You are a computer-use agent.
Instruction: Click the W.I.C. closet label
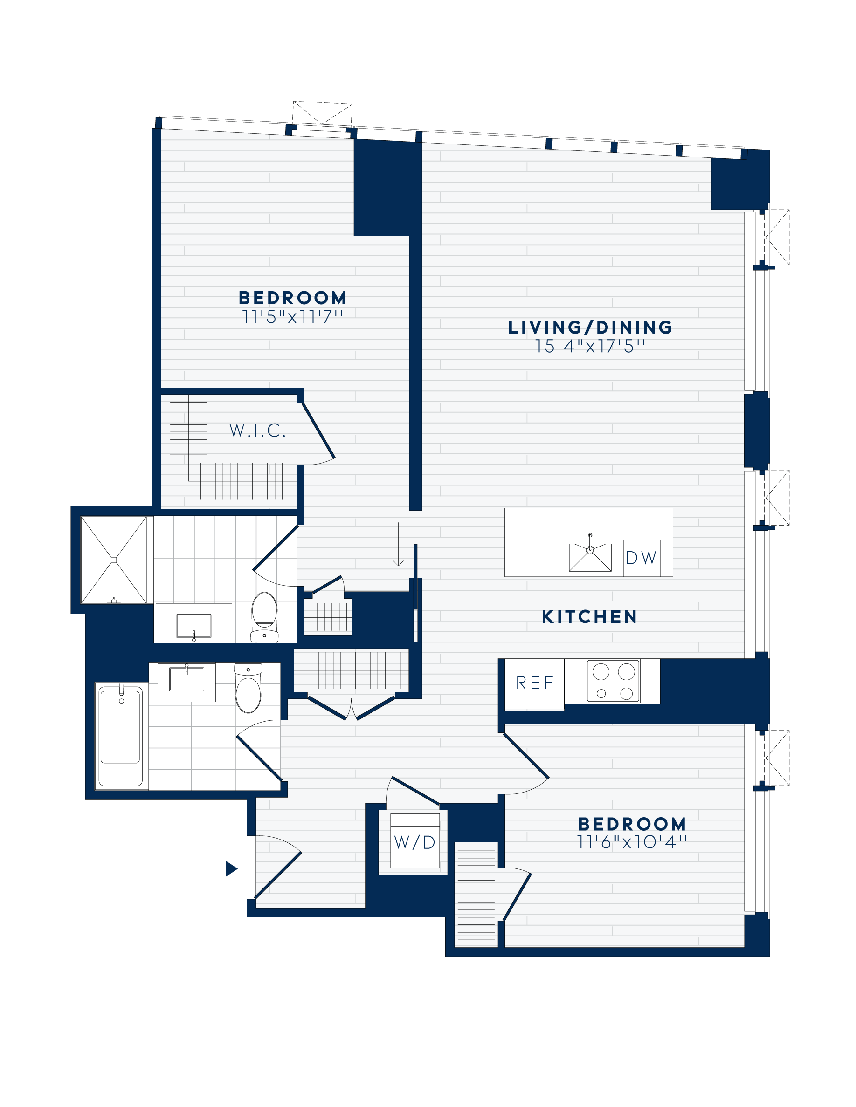click(x=258, y=430)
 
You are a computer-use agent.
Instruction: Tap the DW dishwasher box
click(x=642, y=558)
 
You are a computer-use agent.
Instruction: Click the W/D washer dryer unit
click(x=415, y=842)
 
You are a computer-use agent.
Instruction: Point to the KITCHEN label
click(x=589, y=616)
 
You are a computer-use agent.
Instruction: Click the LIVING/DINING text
click(x=590, y=328)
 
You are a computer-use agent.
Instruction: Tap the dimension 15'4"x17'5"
click(x=590, y=346)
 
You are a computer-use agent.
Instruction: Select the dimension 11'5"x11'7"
click(x=293, y=317)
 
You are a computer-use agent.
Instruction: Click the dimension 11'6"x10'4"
click(x=632, y=842)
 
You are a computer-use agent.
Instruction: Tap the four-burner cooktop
click(x=613, y=681)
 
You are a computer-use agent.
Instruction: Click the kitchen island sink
click(x=590, y=557)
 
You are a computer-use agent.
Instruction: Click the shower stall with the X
click(x=114, y=560)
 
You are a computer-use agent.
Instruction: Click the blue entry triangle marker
click(x=231, y=869)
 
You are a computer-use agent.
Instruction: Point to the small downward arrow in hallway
click(x=399, y=545)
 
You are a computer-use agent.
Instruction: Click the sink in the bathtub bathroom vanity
click(x=186, y=679)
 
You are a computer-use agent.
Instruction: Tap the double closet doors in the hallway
click(x=351, y=708)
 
